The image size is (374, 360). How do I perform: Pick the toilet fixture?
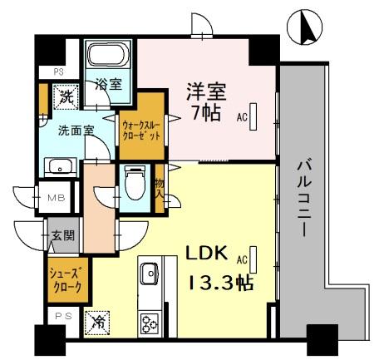tap(133, 182)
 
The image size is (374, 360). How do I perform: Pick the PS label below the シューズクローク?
tap(62, 316)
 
